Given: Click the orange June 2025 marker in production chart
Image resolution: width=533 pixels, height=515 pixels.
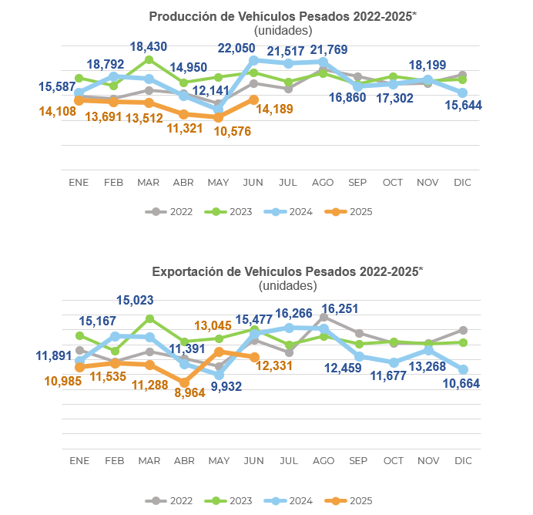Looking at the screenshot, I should (x=253, y=99).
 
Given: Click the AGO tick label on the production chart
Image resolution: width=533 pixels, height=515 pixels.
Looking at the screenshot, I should (x=323, y=183).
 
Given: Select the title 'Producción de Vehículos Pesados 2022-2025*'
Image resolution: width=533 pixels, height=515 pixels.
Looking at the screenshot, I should (x=282, y=17).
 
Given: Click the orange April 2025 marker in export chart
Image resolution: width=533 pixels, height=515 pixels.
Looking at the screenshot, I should (x=184, y=382).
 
